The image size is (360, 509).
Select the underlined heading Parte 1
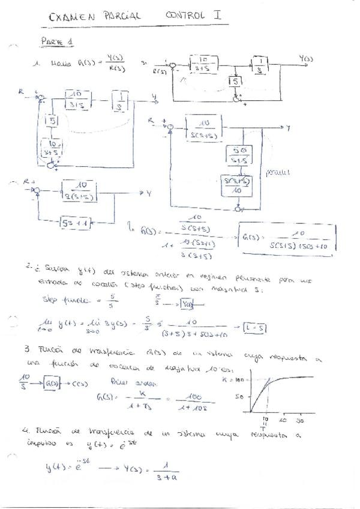[57, 41]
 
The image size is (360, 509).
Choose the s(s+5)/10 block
[236, 184]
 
